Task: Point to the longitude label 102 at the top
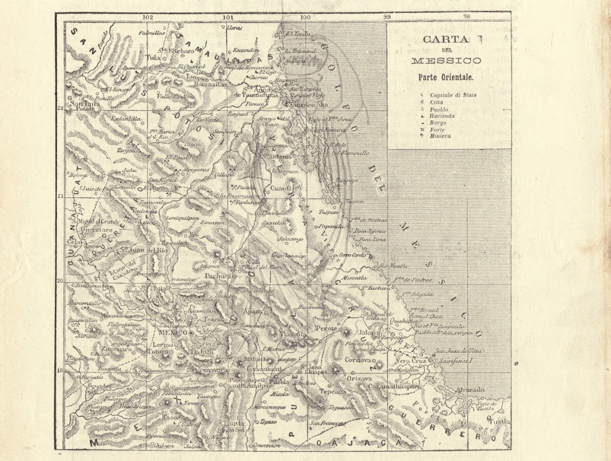(147, 17)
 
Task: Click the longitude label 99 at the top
(386, 17)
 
